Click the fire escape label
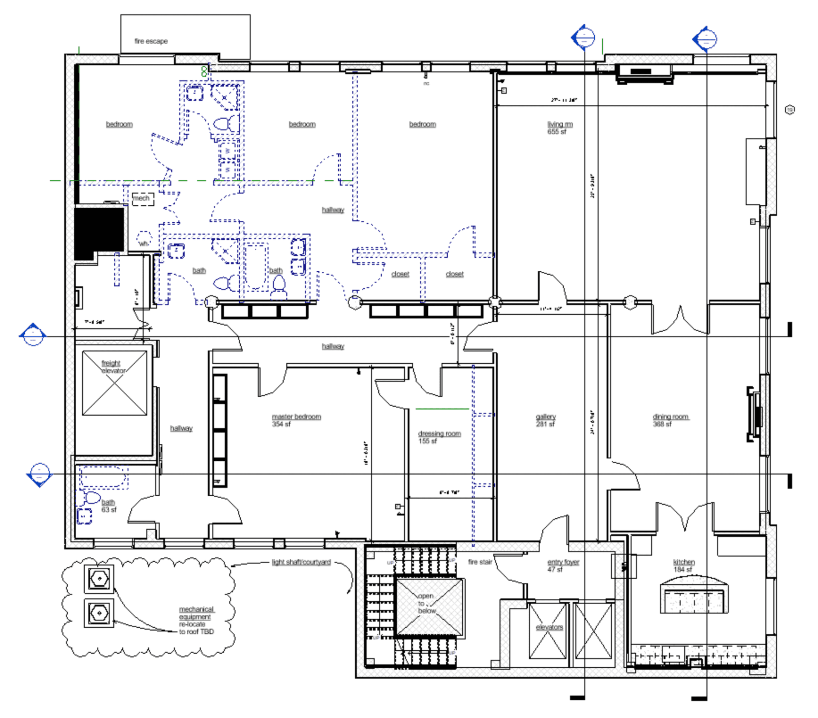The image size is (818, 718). pos(151,41)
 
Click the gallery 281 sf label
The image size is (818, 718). pos(545,420)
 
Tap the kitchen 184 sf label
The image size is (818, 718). pos(683,566)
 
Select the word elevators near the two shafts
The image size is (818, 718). pos(549,627)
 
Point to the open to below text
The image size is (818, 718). pos(426,603)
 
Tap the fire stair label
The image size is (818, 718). pos(480,562)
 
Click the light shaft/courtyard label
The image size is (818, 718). pos(301,562)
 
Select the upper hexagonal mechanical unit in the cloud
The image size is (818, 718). pos(99,579)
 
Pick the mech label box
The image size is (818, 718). pos(142,199)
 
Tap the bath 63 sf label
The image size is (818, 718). pos(108,506)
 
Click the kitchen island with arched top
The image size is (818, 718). pos(694,595)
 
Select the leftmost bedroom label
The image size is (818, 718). pos(119,124)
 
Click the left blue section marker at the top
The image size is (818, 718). pos(583,37)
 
